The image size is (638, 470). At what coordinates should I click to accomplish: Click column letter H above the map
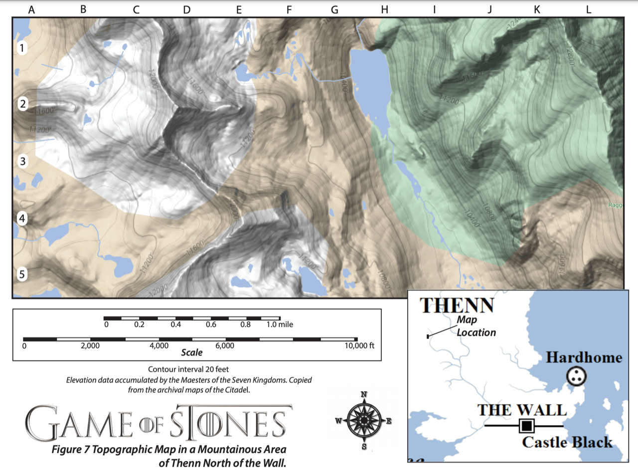384,9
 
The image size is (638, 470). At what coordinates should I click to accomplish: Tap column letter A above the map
32,9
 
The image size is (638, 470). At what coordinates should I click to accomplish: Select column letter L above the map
589,9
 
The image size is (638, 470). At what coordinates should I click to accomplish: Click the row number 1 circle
22,48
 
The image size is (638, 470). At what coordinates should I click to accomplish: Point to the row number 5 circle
22,274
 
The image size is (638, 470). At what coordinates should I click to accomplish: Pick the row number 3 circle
22,161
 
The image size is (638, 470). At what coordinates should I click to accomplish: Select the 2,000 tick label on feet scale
90,346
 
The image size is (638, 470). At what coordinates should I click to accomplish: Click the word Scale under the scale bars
192,353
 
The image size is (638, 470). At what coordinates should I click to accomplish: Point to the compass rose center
364,421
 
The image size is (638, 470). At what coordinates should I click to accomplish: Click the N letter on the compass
364,394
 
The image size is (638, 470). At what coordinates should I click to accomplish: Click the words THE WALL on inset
522,410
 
